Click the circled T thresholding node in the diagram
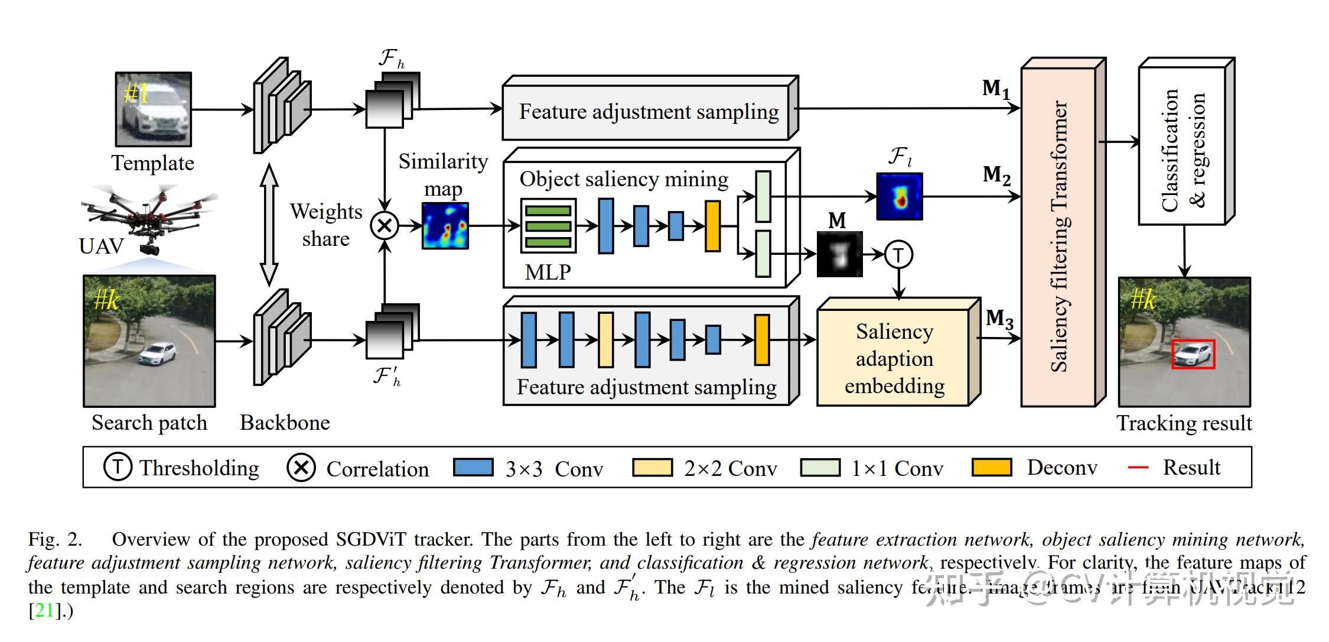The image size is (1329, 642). (898, 255)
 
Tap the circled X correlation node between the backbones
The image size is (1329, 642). (385, 225)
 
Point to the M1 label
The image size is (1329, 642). (996, 89)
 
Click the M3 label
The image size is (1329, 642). (999, 319)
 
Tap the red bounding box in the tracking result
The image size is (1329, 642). (1193, 354)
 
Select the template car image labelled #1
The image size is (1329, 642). (154, 109)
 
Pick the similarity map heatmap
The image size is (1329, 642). (445, 226)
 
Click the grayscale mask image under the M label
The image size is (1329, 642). (839, 254)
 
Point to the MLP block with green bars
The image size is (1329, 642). (548, 226)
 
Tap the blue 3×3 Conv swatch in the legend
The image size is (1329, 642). (473, 468)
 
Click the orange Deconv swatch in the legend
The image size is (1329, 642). (992, 468)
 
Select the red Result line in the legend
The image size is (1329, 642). (1138, 468)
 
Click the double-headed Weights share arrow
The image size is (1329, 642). (269, 225)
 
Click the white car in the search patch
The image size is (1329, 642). (158, 354)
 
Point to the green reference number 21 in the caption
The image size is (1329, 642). (44, 611)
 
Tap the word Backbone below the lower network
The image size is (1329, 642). (285, 423)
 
